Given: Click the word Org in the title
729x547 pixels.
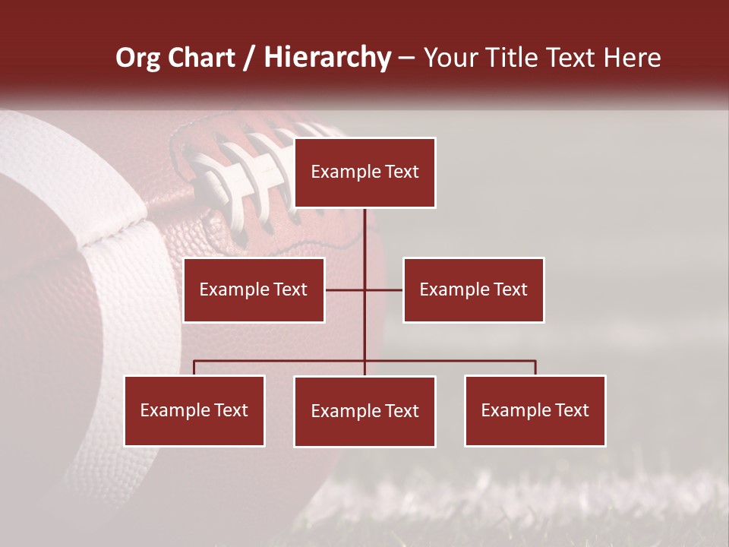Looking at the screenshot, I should (x=139, y=58).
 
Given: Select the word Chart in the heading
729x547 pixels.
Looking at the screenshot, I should (x=201, y=58).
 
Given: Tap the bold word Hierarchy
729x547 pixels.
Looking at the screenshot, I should (x=327, y=58).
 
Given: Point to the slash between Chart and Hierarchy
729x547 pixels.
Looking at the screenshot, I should (x=249, y=58).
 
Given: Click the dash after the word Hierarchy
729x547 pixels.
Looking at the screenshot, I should (x=406, y=58).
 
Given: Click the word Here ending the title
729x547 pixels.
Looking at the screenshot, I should (x=632, y=58).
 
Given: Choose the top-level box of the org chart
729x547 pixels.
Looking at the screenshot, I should (x=364, y=172).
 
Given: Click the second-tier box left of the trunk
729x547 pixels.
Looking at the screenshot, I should (x=254, y=289).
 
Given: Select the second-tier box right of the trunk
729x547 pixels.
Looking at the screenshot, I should (x=473, y=289).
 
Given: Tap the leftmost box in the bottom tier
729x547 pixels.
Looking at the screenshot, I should (x=194, y=410).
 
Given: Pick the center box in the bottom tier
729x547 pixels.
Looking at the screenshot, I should (x=364, y=411).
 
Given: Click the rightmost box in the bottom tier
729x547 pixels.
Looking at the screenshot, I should (x=535, y=410).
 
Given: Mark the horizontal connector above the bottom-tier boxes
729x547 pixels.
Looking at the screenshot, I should (x=281, y=361).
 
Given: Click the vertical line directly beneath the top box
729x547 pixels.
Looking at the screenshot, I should (x=364, y=236).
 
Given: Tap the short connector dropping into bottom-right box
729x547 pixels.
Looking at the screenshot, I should (x=535, y=368).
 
